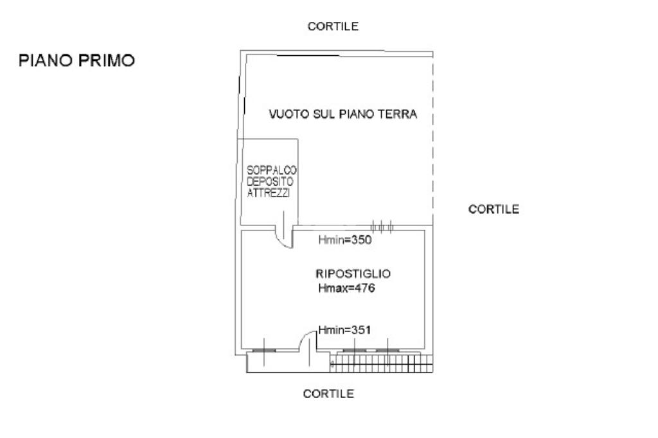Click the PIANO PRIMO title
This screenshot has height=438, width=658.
pyautogui.click(x=76, y=60)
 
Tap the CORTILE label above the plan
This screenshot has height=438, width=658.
pyautogui.click(x=332, y=26)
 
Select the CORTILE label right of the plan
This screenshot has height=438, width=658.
pyautogui.click(x=493, y=209)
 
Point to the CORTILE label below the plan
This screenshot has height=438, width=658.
pyautogui.click(x=328, y=394)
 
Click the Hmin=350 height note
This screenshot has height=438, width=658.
pyautogui.click(x=346, y=240)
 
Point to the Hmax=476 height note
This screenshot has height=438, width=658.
pyautogui.click(x=346, y=289)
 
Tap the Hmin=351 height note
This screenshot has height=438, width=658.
pyautogui.click(x=346, y=330)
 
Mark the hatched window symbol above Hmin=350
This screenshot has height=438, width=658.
pyautogui.click(x=382, y=226)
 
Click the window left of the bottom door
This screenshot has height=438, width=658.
pyautogui.click(x=263, y=351)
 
